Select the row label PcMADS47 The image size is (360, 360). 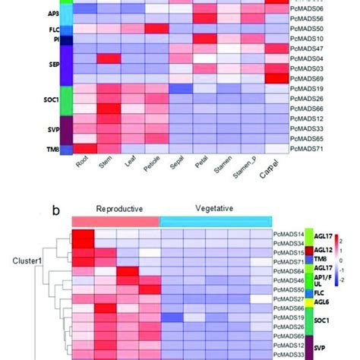(307, 47)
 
